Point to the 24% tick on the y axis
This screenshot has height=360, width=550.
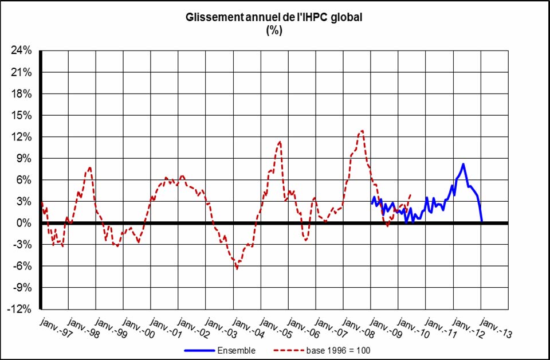coord(21,51)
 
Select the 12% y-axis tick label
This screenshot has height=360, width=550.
coord(21,137)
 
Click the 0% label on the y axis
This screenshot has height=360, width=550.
coord(23,223)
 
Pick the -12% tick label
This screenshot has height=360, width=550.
coord(19,309)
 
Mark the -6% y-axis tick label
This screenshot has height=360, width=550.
coord(21,266)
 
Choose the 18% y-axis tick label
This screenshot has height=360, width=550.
coord(21,94)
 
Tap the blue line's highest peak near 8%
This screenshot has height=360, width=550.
coord(463,165)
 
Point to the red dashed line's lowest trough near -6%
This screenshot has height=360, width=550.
coord(237,268)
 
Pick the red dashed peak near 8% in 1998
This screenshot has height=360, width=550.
coord(89,167)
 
